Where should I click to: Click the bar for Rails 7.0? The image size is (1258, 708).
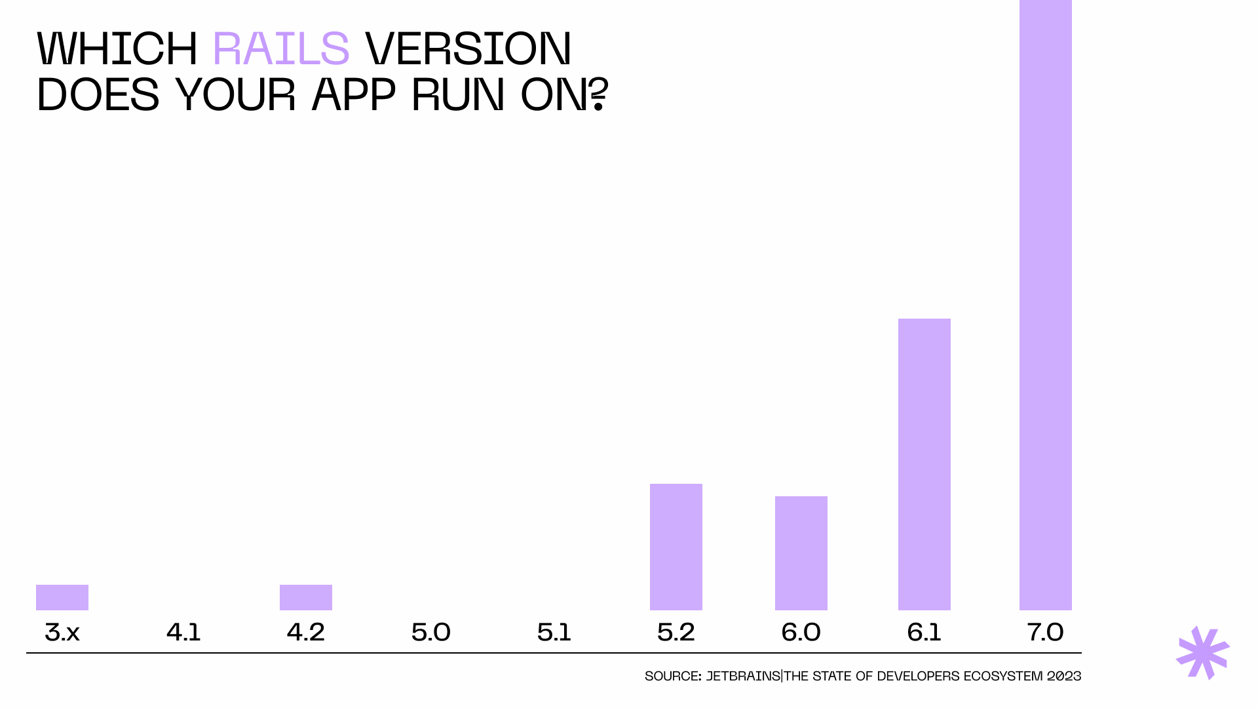1045,305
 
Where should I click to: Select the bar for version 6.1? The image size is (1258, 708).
924,464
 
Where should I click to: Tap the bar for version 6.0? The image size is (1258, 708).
801,553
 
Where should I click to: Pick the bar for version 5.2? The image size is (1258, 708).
676,547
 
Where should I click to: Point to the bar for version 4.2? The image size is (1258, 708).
305,597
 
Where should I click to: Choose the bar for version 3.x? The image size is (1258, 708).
62,597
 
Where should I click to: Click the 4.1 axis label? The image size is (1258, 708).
183,632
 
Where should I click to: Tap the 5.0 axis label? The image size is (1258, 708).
430,632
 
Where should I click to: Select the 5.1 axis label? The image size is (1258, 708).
554,632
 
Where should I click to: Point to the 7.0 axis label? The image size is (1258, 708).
1045,632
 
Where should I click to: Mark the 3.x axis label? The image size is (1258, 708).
62,632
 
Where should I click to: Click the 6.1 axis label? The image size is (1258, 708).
924,632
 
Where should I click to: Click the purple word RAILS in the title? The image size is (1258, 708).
281,49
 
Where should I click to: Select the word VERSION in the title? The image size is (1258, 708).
468,49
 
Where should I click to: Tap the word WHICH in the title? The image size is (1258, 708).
117,49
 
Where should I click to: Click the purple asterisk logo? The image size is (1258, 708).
1203,653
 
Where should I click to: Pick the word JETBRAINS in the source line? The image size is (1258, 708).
742,676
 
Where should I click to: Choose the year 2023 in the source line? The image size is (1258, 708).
1063,676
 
